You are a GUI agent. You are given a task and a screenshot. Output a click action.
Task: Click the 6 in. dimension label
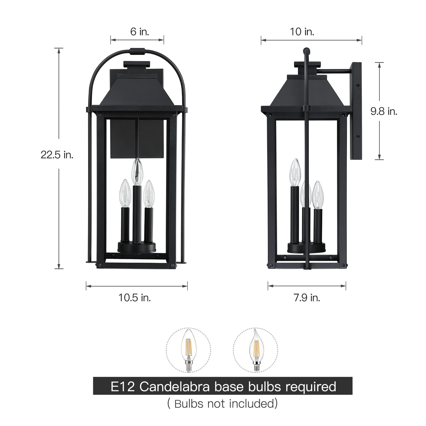tap(140, 32)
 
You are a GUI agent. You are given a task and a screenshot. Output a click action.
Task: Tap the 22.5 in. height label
tap(57, 154)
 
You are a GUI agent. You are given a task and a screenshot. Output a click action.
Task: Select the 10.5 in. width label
tap(135, 298)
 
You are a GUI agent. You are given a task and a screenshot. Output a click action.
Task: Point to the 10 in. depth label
tap(302, 32)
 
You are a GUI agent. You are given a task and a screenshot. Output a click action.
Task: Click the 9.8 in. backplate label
tap(384, 111)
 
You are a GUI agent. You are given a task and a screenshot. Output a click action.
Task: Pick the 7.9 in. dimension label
tap(307, 298)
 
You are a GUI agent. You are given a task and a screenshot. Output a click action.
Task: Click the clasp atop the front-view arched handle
tap(137, 52)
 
